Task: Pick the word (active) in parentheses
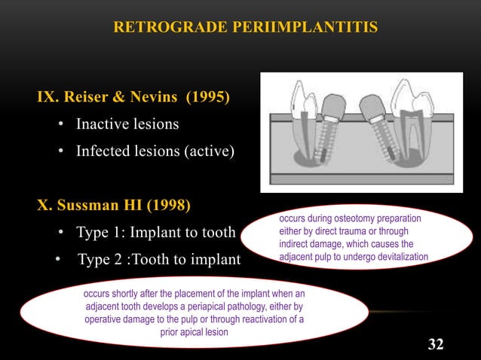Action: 211,151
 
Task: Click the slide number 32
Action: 435,344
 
